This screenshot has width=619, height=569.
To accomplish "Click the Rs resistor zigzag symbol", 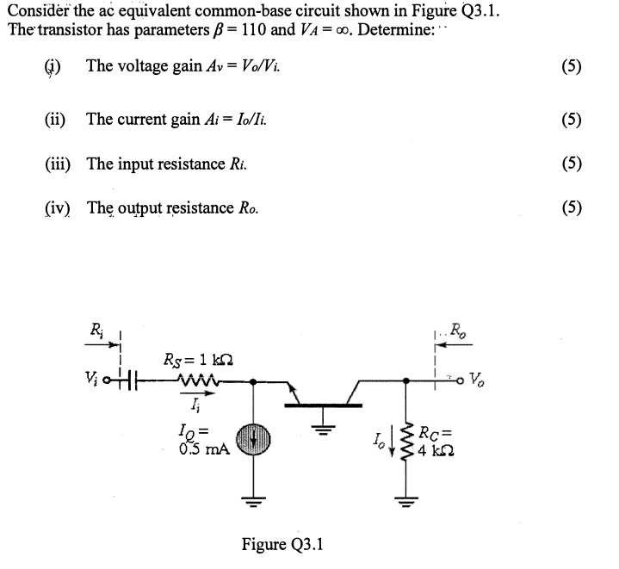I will click(197, 380).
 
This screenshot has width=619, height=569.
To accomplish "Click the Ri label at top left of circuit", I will click(98, 327).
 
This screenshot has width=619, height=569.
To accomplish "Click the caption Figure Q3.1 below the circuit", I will click(282, 545).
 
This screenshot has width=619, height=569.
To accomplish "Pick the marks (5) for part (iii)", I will click(569, 163).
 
